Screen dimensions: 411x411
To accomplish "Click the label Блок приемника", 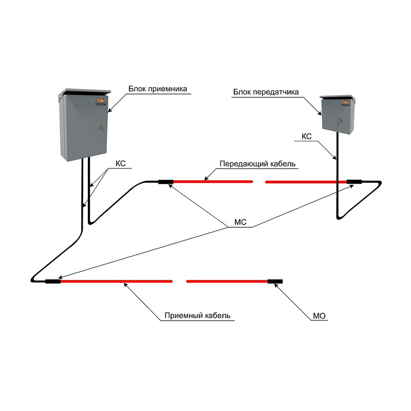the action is tap(158, 89).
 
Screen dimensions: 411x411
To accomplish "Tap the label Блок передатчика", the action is tap(266, 92).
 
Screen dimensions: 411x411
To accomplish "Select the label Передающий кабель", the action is tap(257, 164).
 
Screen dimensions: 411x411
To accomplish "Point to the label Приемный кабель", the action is tap(197, 315).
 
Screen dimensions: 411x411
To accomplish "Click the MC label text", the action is tap(240, 222).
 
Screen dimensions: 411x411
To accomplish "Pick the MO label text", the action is tap(319, 316).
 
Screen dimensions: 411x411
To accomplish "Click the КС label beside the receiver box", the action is tap(121, 163).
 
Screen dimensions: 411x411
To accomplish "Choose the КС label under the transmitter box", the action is tap(306, 137).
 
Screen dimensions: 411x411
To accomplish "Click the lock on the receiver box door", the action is tap(102, 127).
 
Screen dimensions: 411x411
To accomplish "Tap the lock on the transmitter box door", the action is tap(340, 121).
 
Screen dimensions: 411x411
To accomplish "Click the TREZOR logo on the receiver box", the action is tap(100, 102).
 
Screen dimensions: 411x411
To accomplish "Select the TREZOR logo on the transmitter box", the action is tap(345, 103).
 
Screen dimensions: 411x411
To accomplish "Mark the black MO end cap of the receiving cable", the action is tap(275, 282).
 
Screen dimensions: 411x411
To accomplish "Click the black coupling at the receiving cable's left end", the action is tap(53, 282).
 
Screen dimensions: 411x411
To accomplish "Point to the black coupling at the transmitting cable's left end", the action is tap(165, 182).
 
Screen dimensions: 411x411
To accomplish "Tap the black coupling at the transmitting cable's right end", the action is tap(354, 182).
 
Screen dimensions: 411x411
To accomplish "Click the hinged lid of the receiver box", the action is tap(85, 92).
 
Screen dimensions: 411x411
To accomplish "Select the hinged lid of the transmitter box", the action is tap(338, 98).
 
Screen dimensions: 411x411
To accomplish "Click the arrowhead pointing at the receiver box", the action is tap(110, 110).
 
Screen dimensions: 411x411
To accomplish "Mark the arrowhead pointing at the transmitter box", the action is tap(320, 113).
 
